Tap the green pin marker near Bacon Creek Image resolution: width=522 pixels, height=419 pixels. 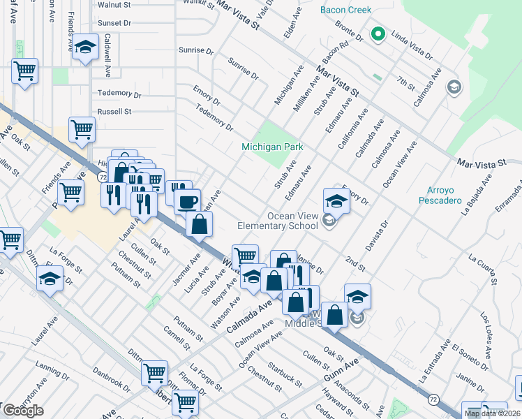pyautogui.click(x=378, y=34)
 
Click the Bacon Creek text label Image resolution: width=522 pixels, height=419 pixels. pyautogui.click(x=345, y=10)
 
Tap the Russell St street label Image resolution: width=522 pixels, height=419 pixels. pyautogui.click(x=114, y=112)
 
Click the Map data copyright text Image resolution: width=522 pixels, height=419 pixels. pyautogui.click(x=493, y=413)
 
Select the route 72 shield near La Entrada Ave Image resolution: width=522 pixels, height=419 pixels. pyautogui.click(x=434, y=399)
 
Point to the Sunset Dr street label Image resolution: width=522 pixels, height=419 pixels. pyautogui.click(x=114, y=23)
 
